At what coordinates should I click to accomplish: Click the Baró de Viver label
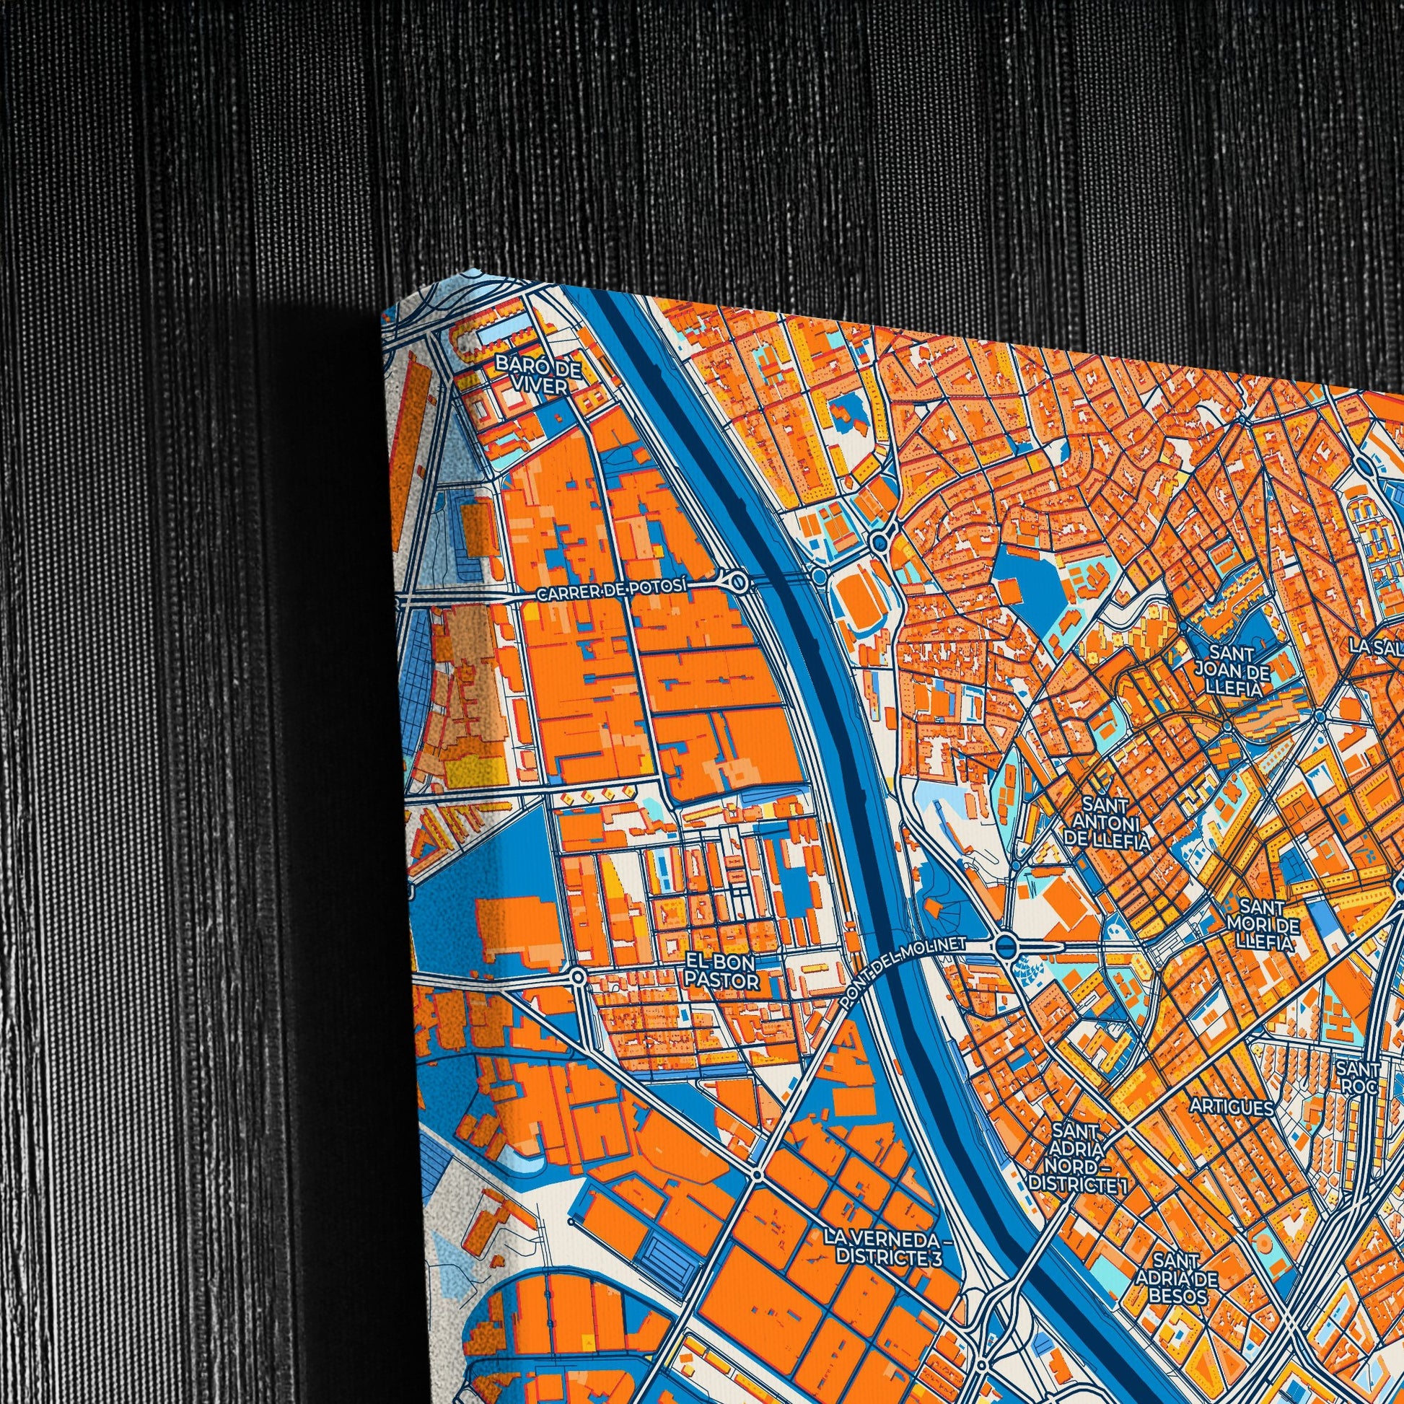tap(538, 375)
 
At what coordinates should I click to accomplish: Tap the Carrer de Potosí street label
tap(611, 593)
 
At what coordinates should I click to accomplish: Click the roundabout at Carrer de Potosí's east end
tap(738, 581)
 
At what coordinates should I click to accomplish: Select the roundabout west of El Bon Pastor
tap(578, 977)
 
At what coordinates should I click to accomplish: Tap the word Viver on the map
tap(538, 386)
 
